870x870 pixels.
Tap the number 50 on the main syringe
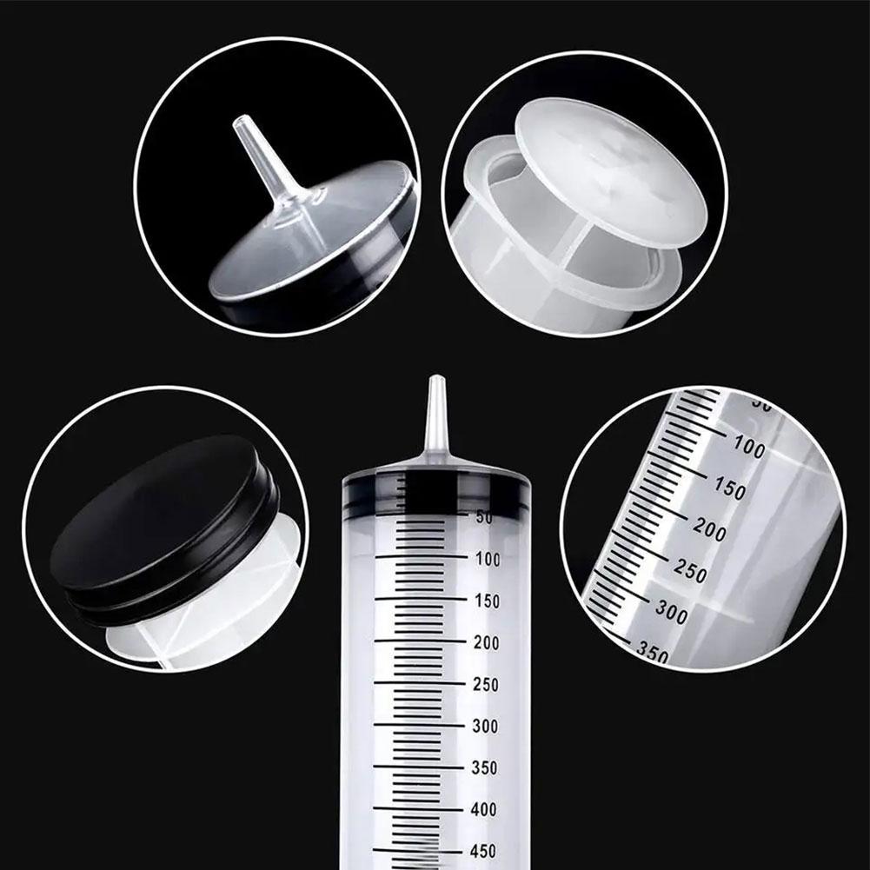coord(484,517)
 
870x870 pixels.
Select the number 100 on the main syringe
coord(488,559)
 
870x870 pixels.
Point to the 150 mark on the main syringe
coord(488,601)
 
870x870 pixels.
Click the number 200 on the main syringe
coord(488,642)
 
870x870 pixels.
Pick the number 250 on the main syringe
coord(488,684)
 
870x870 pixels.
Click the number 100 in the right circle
coord(748,448)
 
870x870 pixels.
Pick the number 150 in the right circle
coord(729,488)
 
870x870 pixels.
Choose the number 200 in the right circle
coord(710,528)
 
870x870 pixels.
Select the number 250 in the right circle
coord(691,570)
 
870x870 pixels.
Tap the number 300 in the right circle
coord(671,611)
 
